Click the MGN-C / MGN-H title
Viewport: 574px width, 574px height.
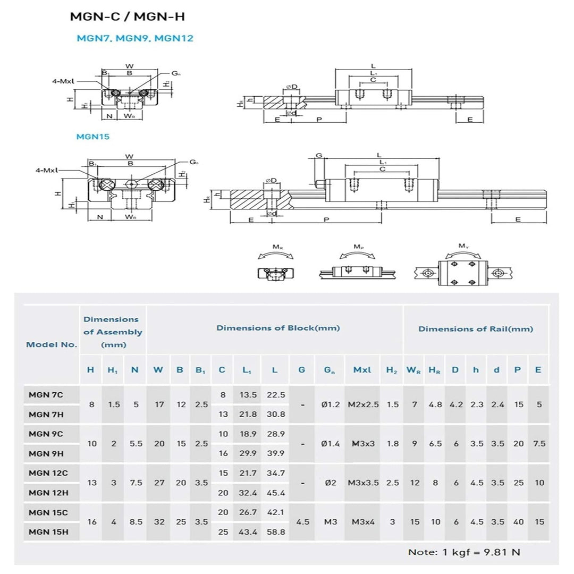coord(128,16)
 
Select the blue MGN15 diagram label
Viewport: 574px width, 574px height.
coord(92,137)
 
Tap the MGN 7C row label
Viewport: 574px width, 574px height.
coord(46,394)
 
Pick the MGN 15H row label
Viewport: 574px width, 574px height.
coord(48,531)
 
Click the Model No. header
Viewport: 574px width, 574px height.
coord(52,344)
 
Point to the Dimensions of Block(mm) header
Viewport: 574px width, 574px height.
coord(278,328)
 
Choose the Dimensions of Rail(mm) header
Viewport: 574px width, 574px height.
coord(475,329)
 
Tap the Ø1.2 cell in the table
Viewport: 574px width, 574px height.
coord(330,404)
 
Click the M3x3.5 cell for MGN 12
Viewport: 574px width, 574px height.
coord(364,483)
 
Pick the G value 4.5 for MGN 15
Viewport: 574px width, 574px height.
coord(302,522)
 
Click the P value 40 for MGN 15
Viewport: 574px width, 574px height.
coord(518,522)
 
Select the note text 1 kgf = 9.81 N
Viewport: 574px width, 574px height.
coord(464,552)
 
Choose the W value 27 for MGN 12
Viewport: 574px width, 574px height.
coord(159,483)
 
